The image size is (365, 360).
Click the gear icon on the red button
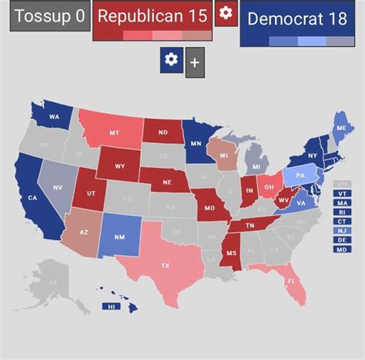pyautogui.click(x=226, y=13)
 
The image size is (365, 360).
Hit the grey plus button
pyautogui.click(x=196, y=62)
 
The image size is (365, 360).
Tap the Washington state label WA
pyautogui.click(x=55, y=117)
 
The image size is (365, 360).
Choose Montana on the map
pyautogui.click(x=114, y=132)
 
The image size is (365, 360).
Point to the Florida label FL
pyautogui.click(x=291, y=282)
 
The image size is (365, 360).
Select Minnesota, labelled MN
pyautogui.click(x=196, y=143)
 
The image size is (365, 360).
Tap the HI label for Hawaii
pyautogui.click(x=112, y=306)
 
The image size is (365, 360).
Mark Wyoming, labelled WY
pyautogui.click(x=119, y=165)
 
